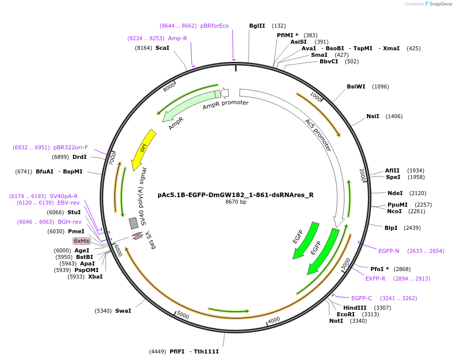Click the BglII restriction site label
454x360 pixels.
[257, 26]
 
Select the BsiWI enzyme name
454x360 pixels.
[356, 86]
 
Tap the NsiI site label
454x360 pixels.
[372, 116]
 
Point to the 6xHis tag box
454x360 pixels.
[82, 241]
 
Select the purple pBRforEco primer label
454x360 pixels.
[214, 26]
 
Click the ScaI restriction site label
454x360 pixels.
[162, 48]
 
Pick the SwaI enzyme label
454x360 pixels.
[123, 311]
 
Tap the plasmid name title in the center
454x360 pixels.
[235, 195]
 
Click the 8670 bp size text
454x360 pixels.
[236, 202]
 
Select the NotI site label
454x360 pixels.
[336, 321]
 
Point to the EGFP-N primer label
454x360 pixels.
[389, 250]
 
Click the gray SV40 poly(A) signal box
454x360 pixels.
[133, 223]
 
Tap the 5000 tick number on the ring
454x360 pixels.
[182, 315]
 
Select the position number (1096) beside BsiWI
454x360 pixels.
[380, 86]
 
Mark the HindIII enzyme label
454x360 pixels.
[355, 308]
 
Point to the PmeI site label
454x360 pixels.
[76, 231]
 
